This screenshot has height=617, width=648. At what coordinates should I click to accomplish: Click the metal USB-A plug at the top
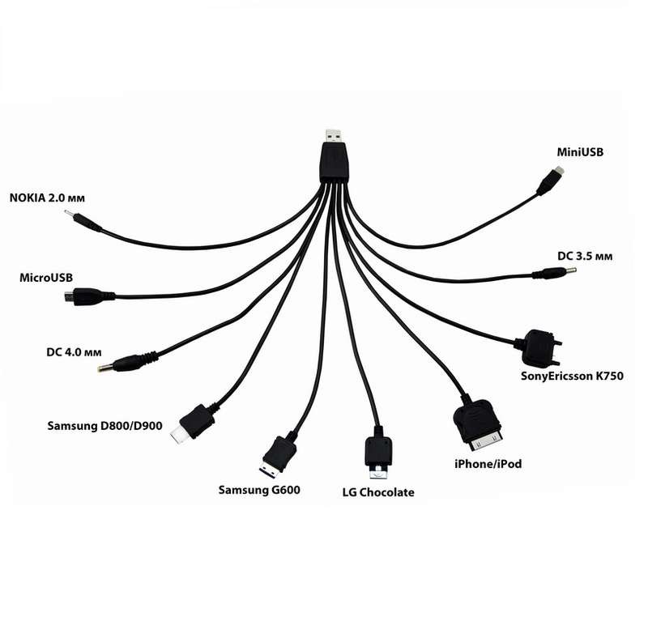click(x=334, y=136)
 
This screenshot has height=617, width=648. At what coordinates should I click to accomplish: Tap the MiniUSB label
click(x=580, y=152)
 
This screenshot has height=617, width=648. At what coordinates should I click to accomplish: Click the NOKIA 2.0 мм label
click(x=47, y=198)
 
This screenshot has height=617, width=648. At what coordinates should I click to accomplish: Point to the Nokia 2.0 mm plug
click(x=83, y=222)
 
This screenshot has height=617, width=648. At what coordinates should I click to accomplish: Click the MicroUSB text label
click(x=46, y=278)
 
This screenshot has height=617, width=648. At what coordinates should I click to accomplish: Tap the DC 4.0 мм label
click(x=74, y=352)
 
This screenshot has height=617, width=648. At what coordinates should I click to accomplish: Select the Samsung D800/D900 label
click(x=104, y=426)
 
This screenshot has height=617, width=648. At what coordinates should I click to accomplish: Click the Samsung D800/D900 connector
click(x=193, y=423)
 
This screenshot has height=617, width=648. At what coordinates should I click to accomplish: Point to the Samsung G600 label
click(x=259, y=490)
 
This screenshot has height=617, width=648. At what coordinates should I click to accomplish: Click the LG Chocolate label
click(x=378, y=492)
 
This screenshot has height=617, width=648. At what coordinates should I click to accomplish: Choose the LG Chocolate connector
click(x=378, y=453)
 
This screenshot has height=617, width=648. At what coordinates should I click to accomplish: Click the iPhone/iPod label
click(x=488, y=464)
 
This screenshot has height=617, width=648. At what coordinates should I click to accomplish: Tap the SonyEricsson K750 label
click(x=572, y=376)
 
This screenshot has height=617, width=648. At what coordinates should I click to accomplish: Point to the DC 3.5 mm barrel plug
click(x=555, y=273)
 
